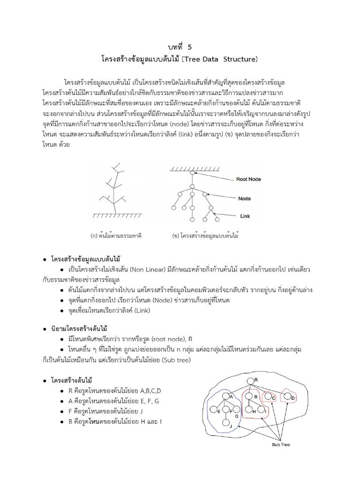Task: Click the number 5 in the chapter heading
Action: pos(190,47)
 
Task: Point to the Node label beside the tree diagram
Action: pos(245,198)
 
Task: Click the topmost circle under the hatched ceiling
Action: pos(191,174)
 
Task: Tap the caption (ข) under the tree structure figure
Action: pos(206,235)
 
